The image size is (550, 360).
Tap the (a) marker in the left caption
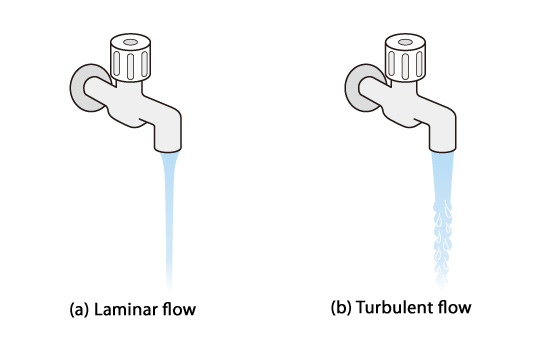[79, 310]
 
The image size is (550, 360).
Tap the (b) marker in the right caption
[341, 308]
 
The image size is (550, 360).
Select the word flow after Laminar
[179, 309]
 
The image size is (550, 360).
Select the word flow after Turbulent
[455, 307]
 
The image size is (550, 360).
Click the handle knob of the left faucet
[130, 58]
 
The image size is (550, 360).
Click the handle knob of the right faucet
[405, 58]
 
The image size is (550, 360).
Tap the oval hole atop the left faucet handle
[130, 42]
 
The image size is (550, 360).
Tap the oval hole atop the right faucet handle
[405, 42]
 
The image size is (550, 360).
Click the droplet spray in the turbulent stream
[443, 242]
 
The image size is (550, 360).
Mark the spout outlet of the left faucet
[168, 149]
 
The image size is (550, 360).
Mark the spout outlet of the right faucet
[443, 149]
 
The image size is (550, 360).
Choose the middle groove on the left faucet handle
[130, 66]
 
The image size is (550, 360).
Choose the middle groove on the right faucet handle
[405, 66]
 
